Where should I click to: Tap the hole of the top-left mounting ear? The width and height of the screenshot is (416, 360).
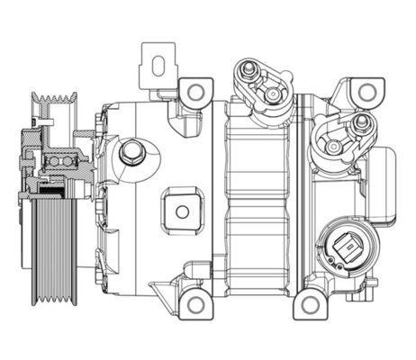(193, 90)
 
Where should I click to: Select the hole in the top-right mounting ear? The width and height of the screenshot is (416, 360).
(366, 92)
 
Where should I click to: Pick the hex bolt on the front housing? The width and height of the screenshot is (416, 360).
(132, 150)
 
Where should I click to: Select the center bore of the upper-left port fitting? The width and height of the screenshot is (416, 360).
(270, 94)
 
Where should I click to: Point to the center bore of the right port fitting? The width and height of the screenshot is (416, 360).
(333, 145)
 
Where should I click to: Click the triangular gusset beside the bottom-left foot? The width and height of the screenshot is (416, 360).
(162, 290)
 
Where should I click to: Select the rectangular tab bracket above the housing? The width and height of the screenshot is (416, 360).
(158, 67)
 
